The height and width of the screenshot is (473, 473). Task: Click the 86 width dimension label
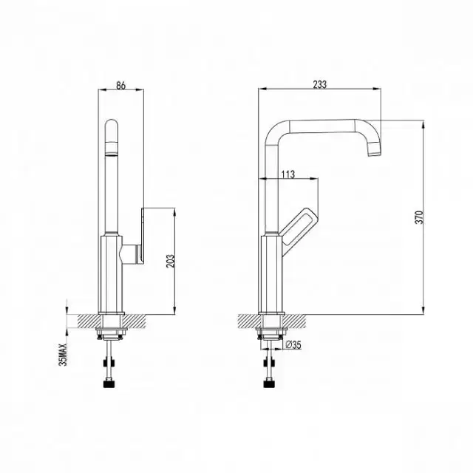pos(120,86)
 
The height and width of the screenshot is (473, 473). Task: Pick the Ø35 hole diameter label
pos(293,344)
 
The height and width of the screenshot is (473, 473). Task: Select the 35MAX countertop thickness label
pos(63,354)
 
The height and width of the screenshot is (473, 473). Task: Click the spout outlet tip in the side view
pos(375,150)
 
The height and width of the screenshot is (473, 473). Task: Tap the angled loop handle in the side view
pos(299,225)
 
